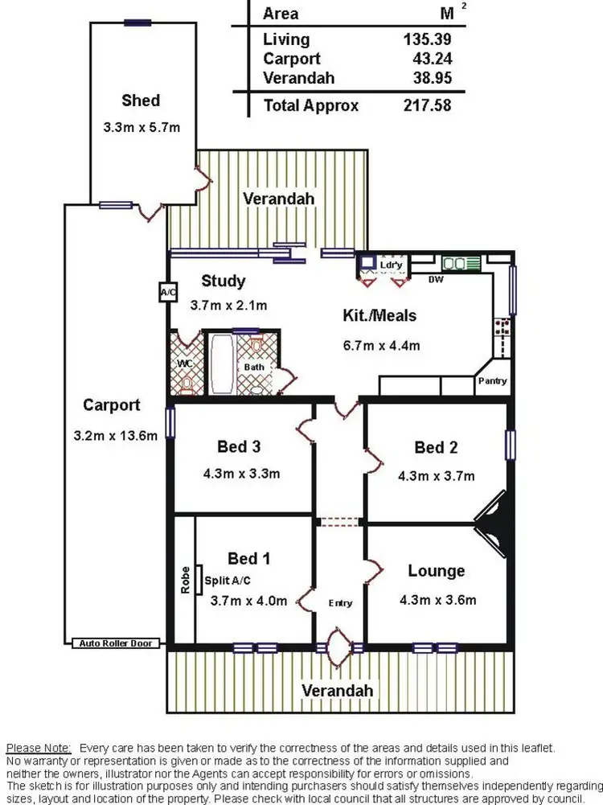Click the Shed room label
[141, 101]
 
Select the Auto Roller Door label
[115, 643]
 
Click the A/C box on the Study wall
[168, 292]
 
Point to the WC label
[185, 363]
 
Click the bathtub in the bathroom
[221, 364]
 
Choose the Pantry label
[492, 381]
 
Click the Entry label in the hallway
[340, 603]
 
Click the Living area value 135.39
[427, 39]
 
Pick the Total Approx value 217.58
[427, 105]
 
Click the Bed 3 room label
[240, 446]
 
